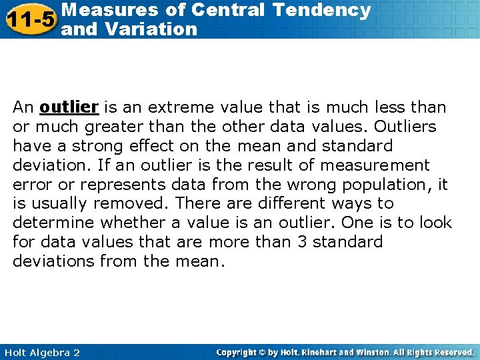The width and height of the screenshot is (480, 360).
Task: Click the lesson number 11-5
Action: pyautogui.click(x=29, y=19)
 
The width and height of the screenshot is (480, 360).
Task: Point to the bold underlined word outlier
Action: pyautogui.click(x=69, y=107)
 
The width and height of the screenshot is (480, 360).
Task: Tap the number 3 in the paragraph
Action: pyautogui.click(x=302, y=241)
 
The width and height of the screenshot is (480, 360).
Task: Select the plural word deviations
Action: pyautogui.click(x=53, y=261)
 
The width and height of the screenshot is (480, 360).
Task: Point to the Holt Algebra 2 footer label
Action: pyautogui.click(x=41, y=352)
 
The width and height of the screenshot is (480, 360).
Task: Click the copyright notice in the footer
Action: pyautogui.click(x=345, y=352)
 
